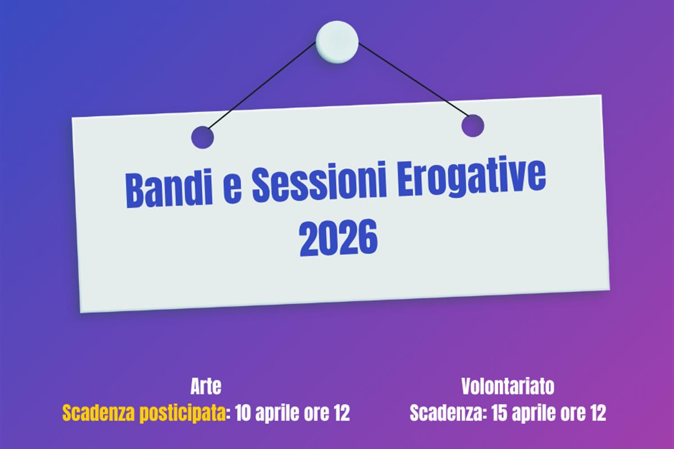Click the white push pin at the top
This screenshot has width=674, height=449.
337,42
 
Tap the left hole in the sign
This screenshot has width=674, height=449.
203,138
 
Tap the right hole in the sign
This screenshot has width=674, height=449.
473,126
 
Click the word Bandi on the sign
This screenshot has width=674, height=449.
169,189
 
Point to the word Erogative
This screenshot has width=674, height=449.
472,177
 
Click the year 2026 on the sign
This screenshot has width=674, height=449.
338,237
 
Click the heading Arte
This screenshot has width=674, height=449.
206,387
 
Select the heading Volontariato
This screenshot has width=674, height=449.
508,386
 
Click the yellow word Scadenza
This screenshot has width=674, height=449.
99,413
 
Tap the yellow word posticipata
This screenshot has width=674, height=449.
183,414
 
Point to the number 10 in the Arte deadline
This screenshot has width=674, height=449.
243,413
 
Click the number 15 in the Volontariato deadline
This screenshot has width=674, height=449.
499,413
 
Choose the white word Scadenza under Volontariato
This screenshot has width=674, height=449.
446,413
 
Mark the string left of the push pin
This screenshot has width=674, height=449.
262,86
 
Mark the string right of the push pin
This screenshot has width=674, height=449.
413,80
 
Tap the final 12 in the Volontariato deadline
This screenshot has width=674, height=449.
598,413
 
